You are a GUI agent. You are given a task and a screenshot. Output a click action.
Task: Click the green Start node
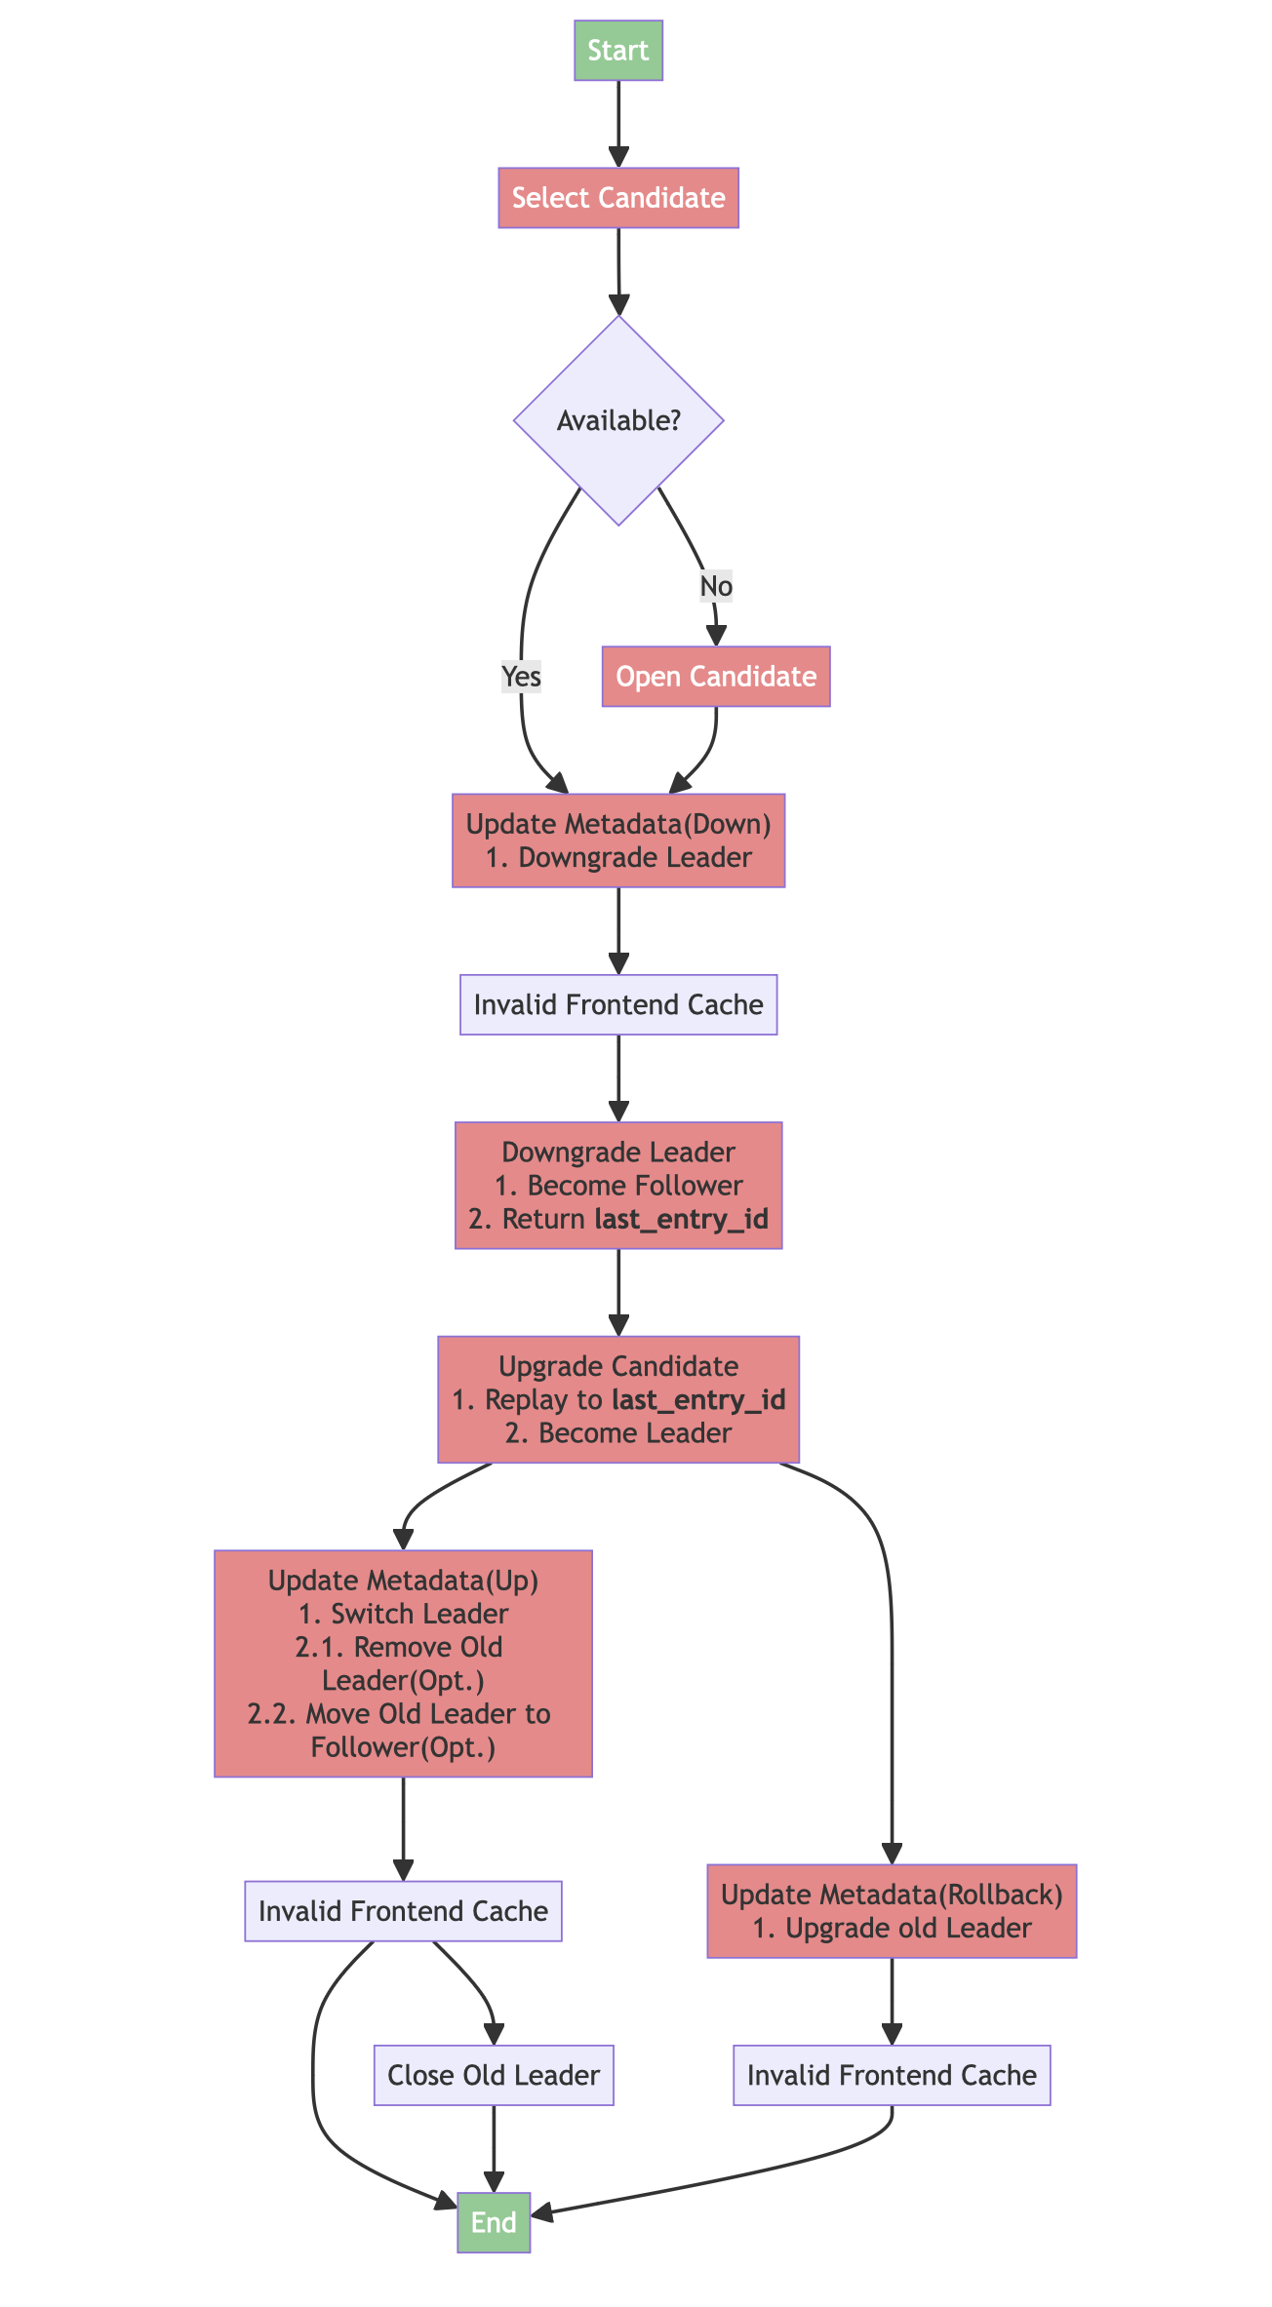pos(617,50)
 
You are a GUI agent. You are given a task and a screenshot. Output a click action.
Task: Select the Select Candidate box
pos(617,198)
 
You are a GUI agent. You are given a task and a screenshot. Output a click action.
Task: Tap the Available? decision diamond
pos(617,420)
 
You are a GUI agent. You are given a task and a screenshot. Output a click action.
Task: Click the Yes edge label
pos(521,676)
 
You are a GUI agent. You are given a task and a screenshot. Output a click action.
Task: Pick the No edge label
pos(716,586)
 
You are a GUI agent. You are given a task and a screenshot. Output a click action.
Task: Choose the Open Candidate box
pos(716,676)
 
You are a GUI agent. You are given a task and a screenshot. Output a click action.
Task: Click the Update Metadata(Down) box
pos(617,840)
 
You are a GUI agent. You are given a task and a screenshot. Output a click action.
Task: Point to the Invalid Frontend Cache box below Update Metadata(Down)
pos(617,1004)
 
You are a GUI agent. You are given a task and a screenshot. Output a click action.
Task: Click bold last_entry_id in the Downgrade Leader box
pos(681,1219)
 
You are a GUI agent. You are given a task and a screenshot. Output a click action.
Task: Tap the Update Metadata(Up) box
pos(403,1662)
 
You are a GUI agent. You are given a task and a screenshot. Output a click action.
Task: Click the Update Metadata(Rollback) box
pos(891,1910)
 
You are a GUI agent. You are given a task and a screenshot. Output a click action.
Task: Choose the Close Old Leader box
pos(494,2075)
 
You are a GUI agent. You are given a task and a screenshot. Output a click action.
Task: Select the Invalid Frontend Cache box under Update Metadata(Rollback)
pos(891,2075)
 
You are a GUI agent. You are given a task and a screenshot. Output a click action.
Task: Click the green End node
pos(494,2222)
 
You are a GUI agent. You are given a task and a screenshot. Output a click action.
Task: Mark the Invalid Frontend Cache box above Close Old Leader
pos(403,1910)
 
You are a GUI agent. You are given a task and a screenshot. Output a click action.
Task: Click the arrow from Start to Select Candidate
pos(617,122)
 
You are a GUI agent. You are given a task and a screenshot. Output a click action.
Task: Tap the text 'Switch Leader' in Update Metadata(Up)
pos(419,1613)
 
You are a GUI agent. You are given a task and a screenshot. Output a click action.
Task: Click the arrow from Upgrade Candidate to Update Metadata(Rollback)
pos(891,1658)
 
